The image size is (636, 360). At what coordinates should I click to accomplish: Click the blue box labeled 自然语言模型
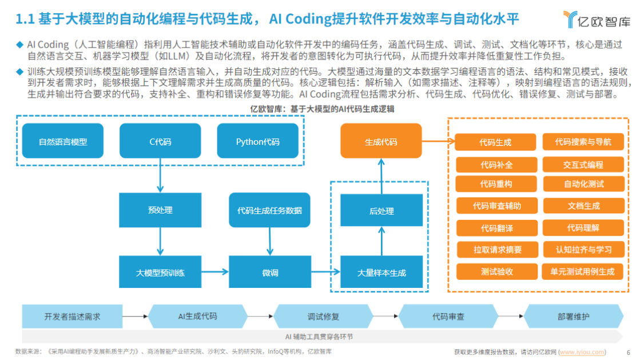pyautogui.click(x=63, y=141)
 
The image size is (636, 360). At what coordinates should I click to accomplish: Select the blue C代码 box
pyautogui.click(x=160, y=141)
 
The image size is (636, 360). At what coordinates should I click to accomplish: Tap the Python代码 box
pyautogui.click(x=258, y=141)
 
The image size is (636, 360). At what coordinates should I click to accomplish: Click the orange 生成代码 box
pyautogui.click(x=381, y=141)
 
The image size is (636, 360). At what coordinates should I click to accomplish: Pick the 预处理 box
pyautogui.click(x=160, y=210)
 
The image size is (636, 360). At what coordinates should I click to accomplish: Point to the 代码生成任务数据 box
pyautogui.click(x=269, y=210)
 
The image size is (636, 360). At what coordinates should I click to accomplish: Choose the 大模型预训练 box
pyautogui.click(x=160, y=273)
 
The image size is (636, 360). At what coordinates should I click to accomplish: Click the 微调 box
pyautogui.click(x=269, y=273)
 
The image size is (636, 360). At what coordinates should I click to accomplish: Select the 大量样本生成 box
pyautogui.click(x=381, y=273)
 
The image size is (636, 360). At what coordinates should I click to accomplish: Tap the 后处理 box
pyautogui.click(x=381, y=211)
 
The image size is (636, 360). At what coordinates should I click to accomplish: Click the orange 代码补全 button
pyautogui.click(x=496, y=165)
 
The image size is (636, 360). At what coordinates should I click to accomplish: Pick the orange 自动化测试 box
pyautogui.click(x=583, y=184)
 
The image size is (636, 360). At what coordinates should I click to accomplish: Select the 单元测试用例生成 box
pyautogui.click(x=582, y=271)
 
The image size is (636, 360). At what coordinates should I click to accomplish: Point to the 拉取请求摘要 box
pyautogui.click(x=497, y=250)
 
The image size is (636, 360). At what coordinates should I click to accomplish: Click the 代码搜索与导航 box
pyautogui.click(x=583, y=142)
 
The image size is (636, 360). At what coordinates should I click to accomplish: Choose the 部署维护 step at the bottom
pyautogui.click(x=573, y=317)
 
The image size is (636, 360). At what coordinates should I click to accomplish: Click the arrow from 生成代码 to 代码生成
pyautogui.click(x=438, y=141)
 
